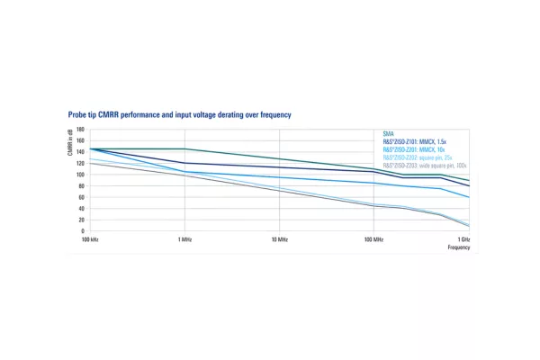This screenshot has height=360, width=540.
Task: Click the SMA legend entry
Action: coord(388,134)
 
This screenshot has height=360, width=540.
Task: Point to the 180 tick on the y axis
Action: coord(80,130)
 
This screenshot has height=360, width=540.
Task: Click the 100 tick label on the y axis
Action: coord(80,175)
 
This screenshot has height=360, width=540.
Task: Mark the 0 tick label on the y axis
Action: coord(82,231)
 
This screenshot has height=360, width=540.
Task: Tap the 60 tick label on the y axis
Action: coord(81,197)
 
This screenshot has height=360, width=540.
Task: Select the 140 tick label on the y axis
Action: coord(80,152)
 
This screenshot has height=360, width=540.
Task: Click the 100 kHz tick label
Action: coord(89,239)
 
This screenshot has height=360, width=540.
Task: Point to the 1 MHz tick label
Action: coord(184,239)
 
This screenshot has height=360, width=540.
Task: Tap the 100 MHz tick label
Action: coord(373,239)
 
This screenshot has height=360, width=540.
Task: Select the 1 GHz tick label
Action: coord(463,239)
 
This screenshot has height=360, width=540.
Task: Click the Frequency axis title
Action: coord(459,247)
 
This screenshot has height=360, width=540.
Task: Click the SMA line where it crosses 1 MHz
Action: coord(184,148)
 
